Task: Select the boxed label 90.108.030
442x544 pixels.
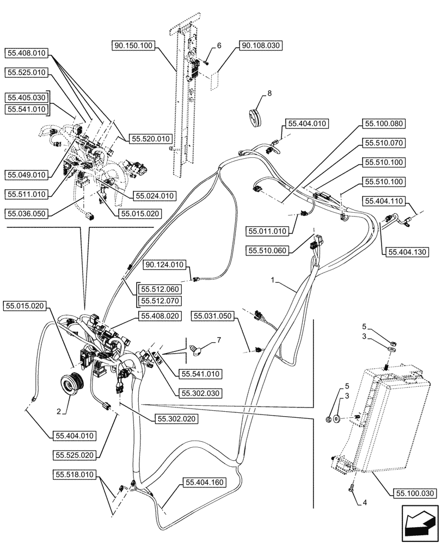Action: point(260,46)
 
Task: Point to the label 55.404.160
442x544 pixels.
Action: point(204,482)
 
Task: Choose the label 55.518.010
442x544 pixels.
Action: point(73,474)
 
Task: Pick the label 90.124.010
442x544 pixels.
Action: point(165,265)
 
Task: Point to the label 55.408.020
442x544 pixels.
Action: point(159,316)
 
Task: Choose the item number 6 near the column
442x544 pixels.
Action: point(219,46)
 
